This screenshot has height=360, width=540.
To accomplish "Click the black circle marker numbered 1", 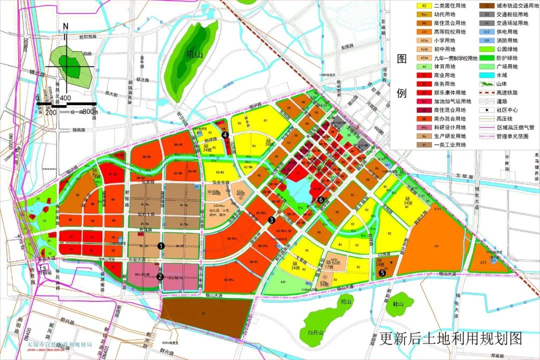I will [x=161, y=245].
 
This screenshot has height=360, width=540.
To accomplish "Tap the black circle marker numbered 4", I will [x=225, y=135].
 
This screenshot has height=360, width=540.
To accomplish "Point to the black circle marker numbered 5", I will [x=382, y=272].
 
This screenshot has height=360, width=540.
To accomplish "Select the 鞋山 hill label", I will [x=398, y=303].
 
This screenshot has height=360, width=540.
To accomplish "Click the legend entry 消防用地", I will [x=507, y=40].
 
